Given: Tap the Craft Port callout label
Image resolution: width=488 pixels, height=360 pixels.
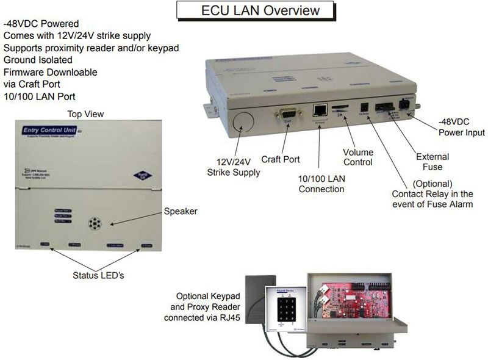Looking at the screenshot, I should point(281,160).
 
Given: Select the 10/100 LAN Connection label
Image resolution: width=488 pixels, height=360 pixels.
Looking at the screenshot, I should point(321,184).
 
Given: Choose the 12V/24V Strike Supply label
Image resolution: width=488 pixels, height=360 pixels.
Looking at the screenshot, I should point(234,167).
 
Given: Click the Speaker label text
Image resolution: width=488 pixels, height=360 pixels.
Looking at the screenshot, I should point(181,212).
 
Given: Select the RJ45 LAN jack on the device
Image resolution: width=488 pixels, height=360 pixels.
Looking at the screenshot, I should point(320,110).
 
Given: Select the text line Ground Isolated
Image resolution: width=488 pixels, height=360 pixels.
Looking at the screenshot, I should point(38,60).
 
